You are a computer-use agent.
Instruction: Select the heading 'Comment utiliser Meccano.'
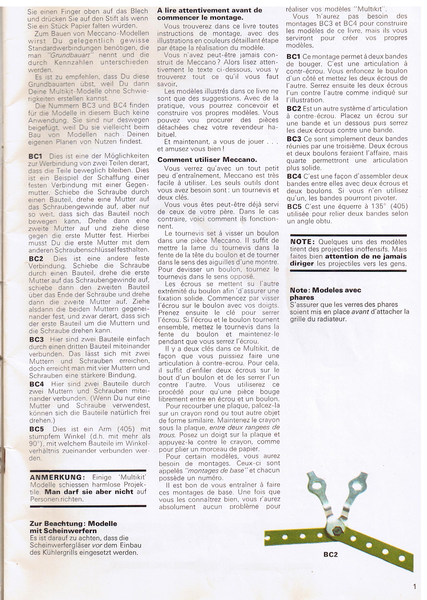[207, 160]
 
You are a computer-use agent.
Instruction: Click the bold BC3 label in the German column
[37, 339]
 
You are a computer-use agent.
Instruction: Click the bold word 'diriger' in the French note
[302, 263]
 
